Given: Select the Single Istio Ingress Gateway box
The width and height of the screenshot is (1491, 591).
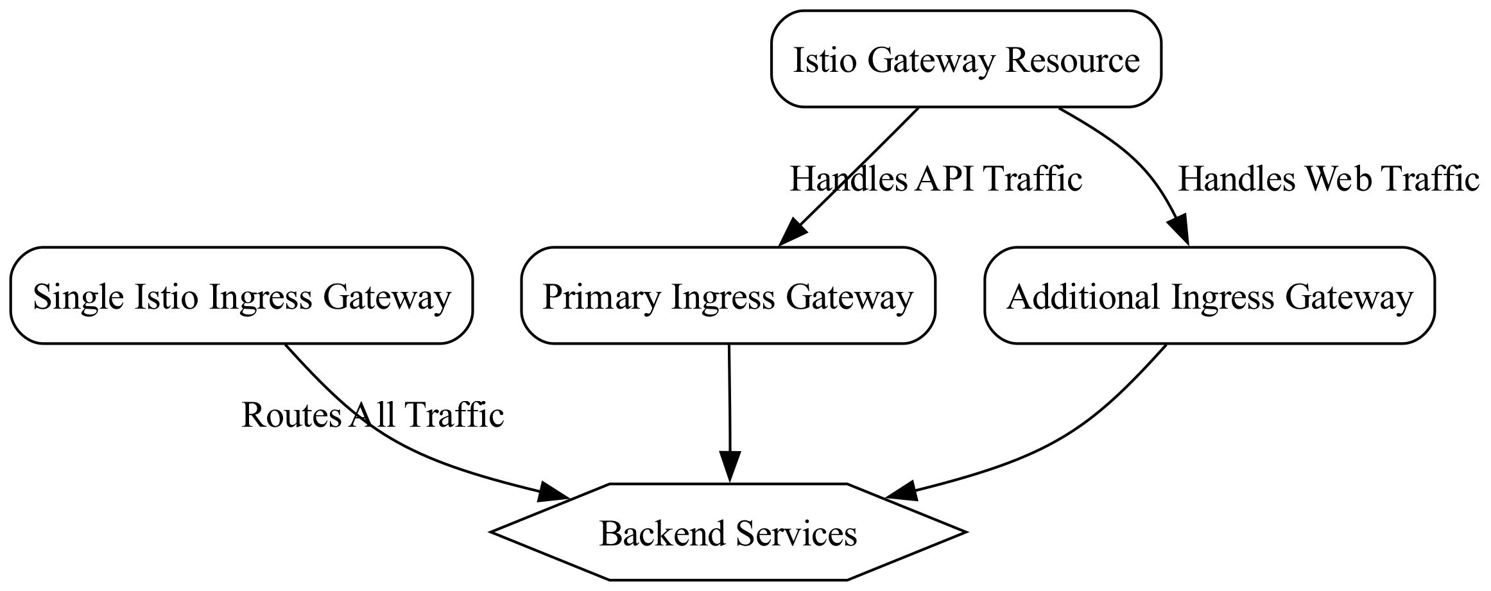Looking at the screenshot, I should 241,295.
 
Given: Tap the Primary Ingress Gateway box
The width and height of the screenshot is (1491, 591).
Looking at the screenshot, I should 728,295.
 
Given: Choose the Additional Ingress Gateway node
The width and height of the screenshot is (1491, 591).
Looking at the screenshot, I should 1209,295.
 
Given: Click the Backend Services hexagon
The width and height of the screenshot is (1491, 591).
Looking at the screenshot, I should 728,532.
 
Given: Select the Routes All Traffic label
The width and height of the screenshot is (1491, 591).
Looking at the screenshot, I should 372,415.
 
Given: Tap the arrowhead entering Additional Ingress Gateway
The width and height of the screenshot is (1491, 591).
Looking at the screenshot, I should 1181,232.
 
